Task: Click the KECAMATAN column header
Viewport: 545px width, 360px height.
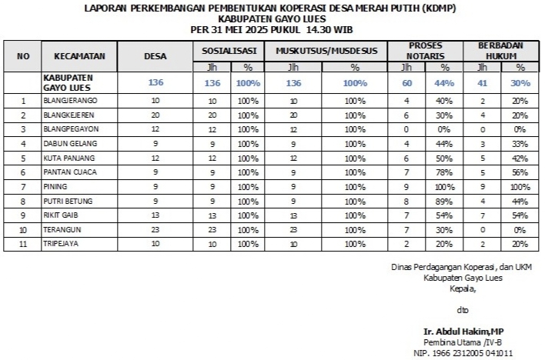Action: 85,55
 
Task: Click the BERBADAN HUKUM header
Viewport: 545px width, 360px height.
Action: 500,51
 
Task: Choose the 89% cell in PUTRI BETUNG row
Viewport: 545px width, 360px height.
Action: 444,201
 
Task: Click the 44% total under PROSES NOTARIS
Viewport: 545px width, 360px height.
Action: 444,83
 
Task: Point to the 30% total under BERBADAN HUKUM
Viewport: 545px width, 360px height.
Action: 520,83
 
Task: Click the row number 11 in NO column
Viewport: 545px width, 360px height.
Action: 23,244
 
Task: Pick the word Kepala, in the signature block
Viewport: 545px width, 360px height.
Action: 463,289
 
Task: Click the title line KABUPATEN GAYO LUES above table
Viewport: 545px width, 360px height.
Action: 272,18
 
